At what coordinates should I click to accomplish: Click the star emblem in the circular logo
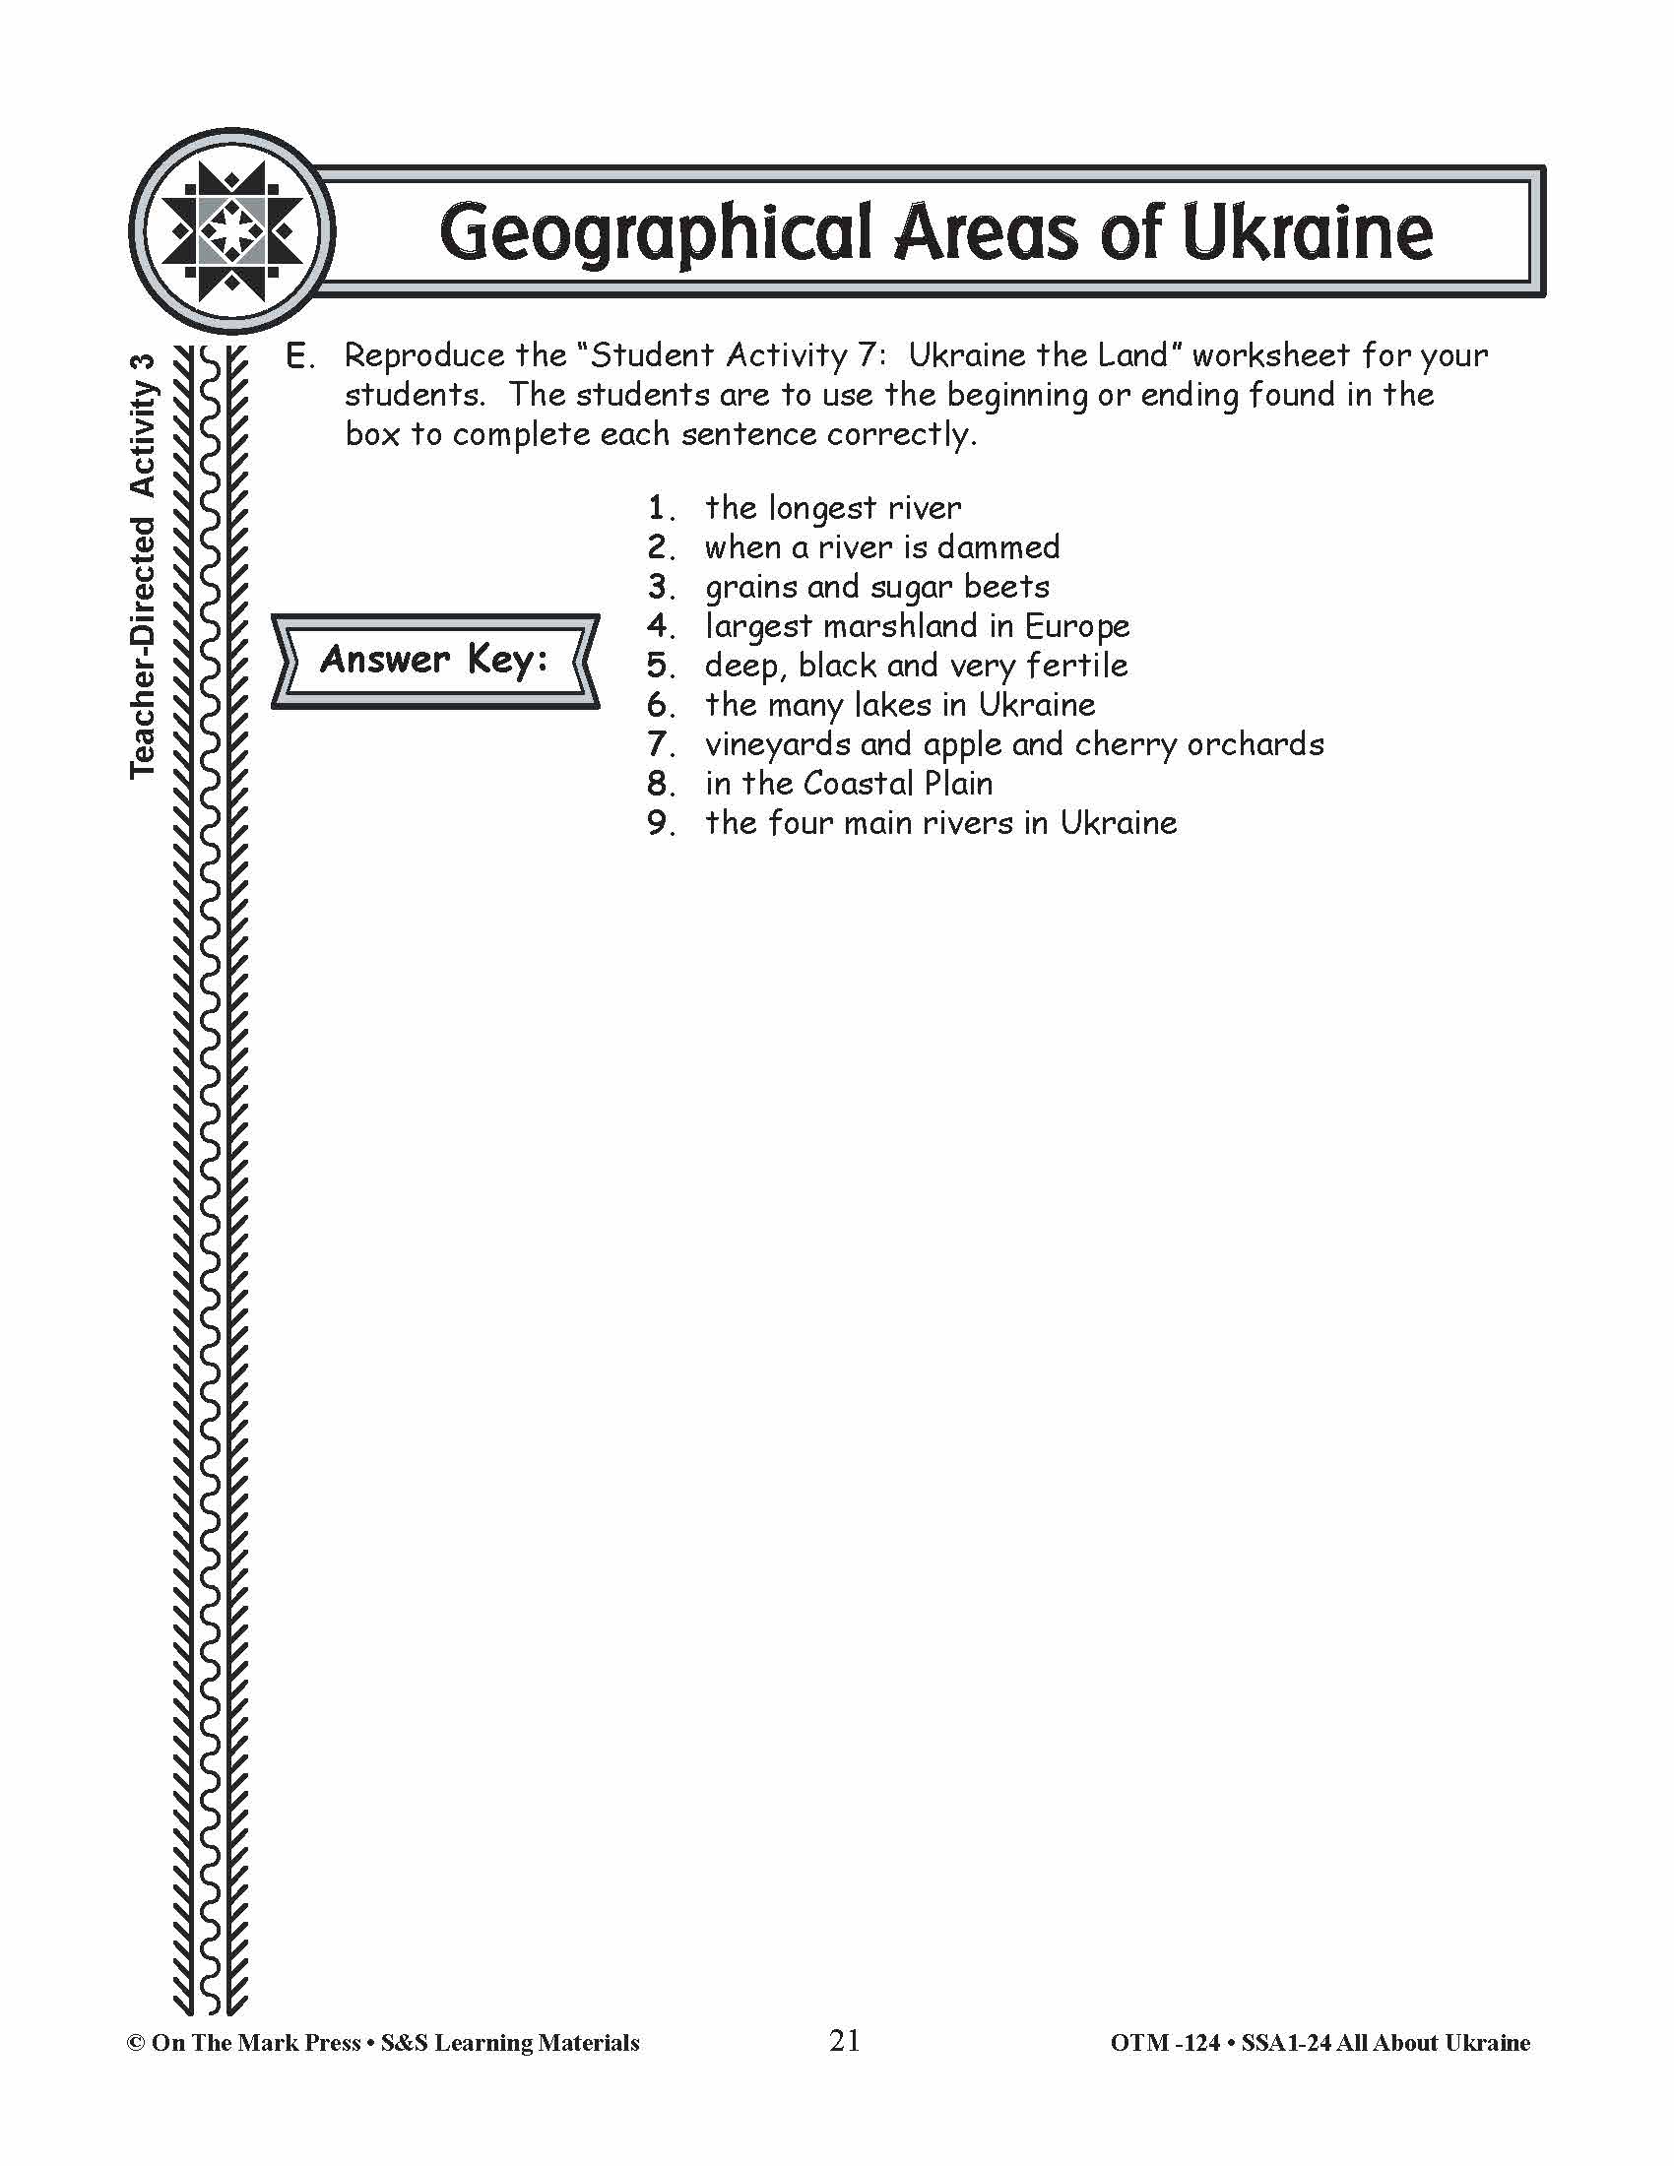point(232,231)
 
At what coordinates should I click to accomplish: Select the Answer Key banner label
point(434,660)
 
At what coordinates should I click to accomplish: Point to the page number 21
point(844,2040)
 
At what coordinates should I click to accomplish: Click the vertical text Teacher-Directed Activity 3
point(144,565)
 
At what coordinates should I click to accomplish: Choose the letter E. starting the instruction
point(298,356)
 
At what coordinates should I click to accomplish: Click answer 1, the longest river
point(832,508)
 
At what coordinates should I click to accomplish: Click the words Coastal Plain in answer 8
point(897,784)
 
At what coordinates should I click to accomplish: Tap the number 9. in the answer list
point(662,823)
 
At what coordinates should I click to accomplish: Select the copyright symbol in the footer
point(136,2043)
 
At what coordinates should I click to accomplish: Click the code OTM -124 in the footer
point(1164,2043)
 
